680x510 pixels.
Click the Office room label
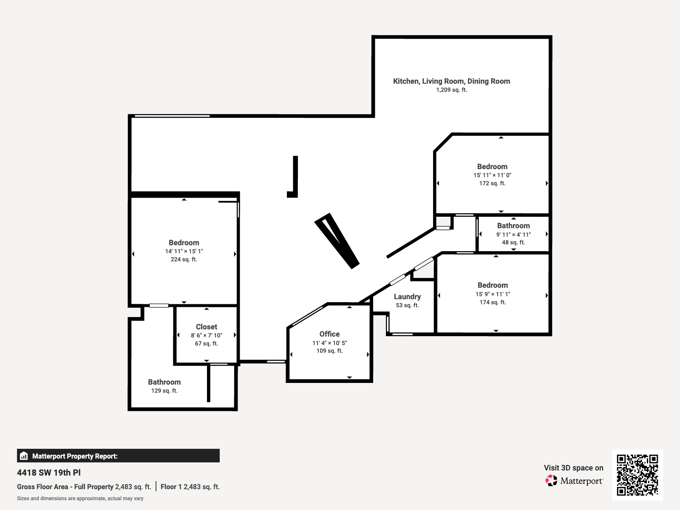tap(329, 334)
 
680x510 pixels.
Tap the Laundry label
tap(407, 297)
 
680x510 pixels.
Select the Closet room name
tap(207, 327)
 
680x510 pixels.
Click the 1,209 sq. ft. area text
tap(451, 90)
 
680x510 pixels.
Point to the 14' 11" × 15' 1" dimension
tap(184, 251)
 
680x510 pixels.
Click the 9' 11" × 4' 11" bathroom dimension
tap(513, 235)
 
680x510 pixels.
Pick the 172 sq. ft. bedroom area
tap(492, 183)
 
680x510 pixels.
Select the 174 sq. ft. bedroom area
tap(493, 302)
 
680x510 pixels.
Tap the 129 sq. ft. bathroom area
tap(164, 391)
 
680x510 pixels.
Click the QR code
tap(637, 475)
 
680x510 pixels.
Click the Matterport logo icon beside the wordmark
tap(551, 481)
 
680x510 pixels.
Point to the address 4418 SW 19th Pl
tap(49, 473)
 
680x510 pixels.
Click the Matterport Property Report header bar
tap(118, 456)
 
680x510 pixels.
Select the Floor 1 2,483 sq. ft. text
tap(190, 487)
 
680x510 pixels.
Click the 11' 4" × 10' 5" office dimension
tap(329, 343)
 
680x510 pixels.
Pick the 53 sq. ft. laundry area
tap(407, 305)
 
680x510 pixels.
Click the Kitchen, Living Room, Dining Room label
tap(451, 81)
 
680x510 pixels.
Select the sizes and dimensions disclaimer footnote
tap(80, 499)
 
